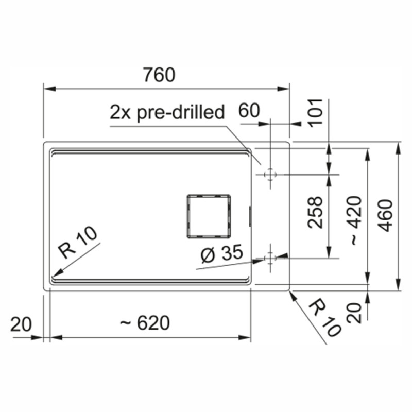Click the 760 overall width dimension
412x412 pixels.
(x=159, y=75)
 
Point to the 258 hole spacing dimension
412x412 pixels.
(x=315, y=212)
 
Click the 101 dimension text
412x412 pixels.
(x=315, y=113)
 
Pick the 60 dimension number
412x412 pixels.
(x=249, y=111)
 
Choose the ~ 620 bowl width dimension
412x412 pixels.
(x=145, y=323)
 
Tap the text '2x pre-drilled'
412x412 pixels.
(x=167, y=112)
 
